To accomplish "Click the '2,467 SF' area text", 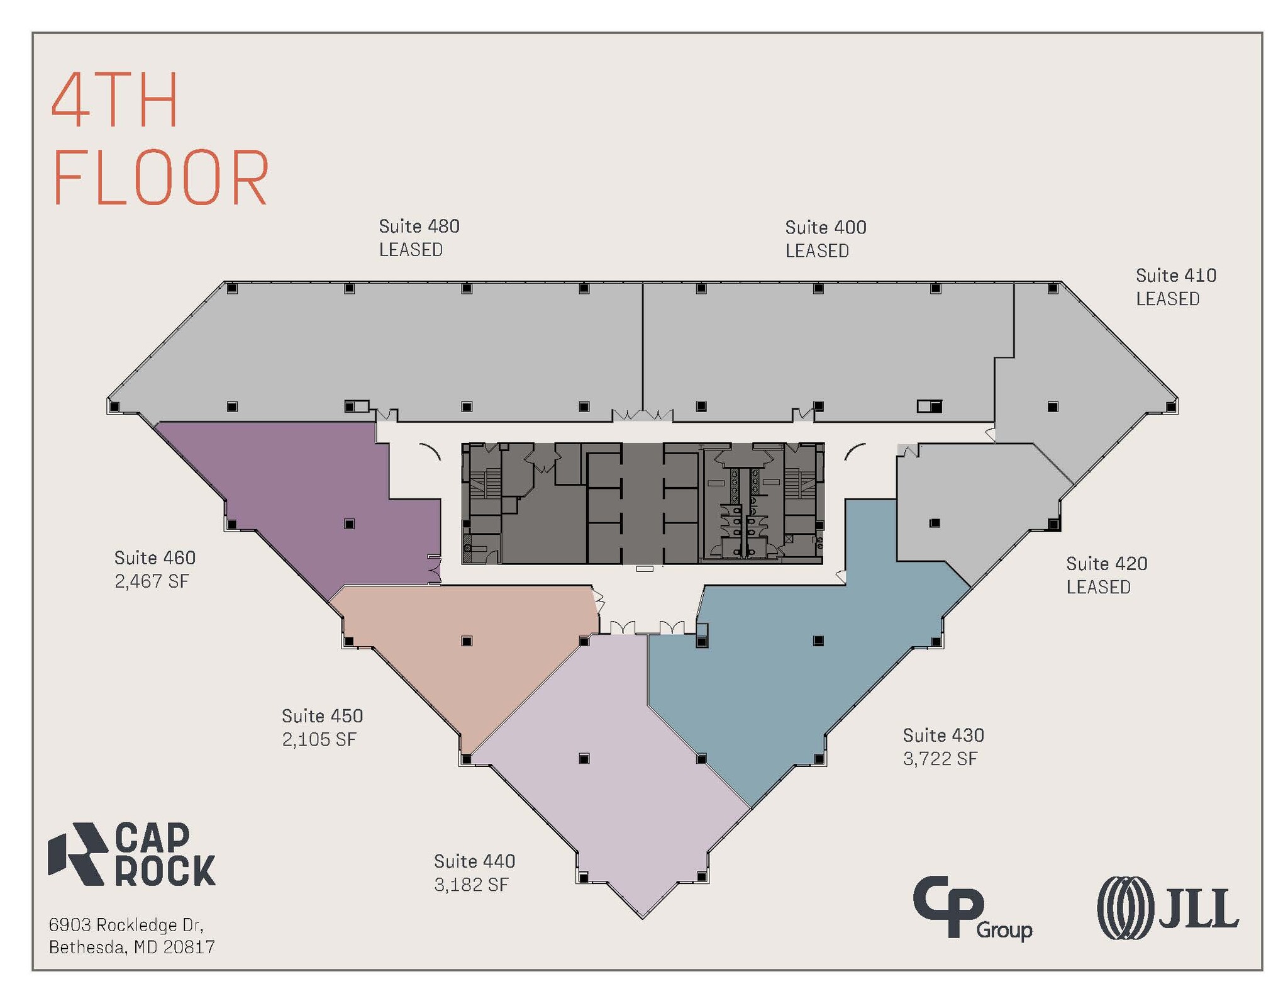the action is [x=152, y=581].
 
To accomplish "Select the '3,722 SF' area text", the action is [x=940, y=759].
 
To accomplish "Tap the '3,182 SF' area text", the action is [x=471, y=885].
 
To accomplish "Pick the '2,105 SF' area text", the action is [x=319, y=739].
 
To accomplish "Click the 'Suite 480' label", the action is [x=419, y=226].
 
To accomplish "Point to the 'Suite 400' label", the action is [x=826, y=227].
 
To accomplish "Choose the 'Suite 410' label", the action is [x=1176, y=275].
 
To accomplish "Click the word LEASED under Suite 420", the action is [x=1098, y=587].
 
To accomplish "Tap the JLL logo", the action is [x=1168, y=908].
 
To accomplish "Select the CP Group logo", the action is [x=972, y=907].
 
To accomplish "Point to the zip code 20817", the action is [x=189, y=947].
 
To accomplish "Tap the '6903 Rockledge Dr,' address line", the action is [x=126, y=925].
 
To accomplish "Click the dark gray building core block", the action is [x=643, y=503].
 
